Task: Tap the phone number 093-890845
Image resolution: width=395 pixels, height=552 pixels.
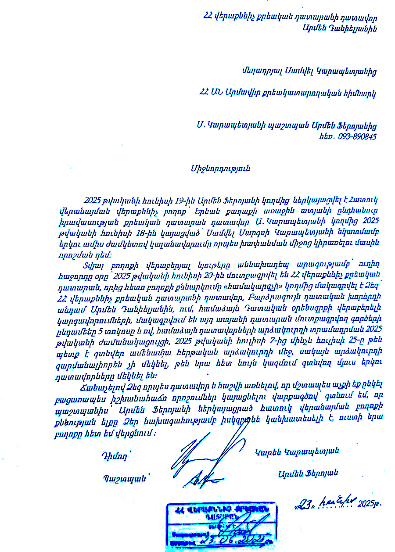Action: [351, 136]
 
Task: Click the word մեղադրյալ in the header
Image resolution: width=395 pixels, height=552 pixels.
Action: [260, 70]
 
